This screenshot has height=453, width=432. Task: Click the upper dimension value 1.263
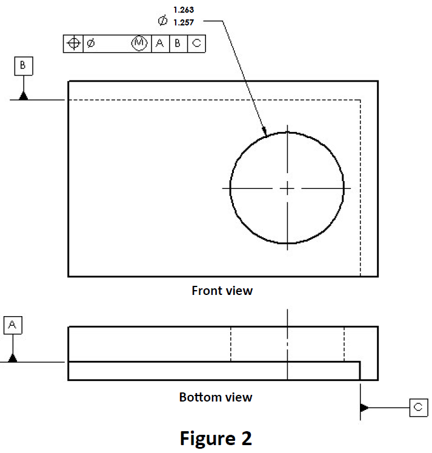(184, 10)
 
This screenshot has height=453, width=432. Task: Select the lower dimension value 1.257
(184, 22)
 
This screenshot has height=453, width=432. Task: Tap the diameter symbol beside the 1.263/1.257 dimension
(162, 21)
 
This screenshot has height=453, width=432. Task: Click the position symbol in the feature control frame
(73, 44)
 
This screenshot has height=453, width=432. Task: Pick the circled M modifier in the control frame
(139, 44)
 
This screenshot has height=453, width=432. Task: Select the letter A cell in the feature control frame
(160, 44)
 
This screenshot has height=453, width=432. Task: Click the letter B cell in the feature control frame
(178, 44)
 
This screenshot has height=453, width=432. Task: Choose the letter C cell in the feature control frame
(196, 44)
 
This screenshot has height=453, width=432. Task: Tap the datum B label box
(23, 66)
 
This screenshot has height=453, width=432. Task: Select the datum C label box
(418, 408)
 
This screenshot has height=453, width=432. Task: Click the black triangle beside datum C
(364, 408)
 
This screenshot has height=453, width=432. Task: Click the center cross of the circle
(287, 188)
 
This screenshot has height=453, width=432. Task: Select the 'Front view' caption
(222, 291)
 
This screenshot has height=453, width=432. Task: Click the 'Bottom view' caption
(216, 397)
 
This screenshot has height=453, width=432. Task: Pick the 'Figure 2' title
(215, 437)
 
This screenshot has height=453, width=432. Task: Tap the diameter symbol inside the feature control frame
(90, 44)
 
